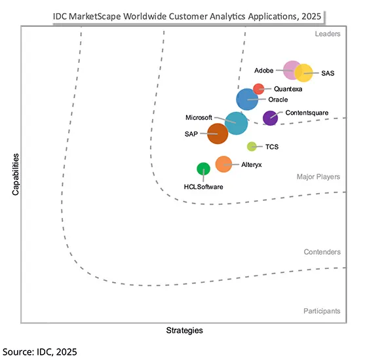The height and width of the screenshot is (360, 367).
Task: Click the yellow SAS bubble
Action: [x=304, y=73]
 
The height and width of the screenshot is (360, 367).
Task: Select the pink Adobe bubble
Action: [x=291, y=69]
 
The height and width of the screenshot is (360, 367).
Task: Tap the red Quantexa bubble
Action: [x=259, y=88]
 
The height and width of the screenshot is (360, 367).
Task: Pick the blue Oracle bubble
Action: [x=247, y=99]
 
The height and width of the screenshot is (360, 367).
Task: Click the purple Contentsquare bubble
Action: [x=269, y=118]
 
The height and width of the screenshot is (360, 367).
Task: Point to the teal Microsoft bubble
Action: [x=235, y=122]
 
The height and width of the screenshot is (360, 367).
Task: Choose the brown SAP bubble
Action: [x=217, y=134]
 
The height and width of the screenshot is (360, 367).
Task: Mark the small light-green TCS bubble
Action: [x=252, y=147]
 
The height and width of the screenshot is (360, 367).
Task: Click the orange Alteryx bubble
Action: [x=223, y=164]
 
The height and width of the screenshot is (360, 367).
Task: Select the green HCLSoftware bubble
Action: [x=204, y=168]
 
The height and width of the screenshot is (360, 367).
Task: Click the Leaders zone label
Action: [x=327, y=33]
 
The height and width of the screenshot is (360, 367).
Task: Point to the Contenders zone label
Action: [x=322, y=252]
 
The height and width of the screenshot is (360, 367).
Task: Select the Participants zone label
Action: [x=321, y=310]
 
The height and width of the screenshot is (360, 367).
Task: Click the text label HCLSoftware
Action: [x=203, y=187]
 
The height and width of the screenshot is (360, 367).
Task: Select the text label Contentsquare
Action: [x=307, y=113]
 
